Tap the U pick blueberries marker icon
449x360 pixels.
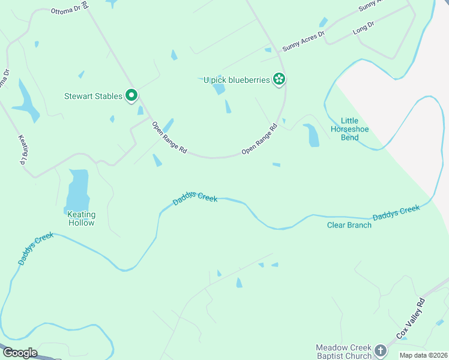point(279,79)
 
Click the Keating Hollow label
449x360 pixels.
point(80,218)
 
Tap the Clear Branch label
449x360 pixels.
point(349,225)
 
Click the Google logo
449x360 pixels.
point(20,353)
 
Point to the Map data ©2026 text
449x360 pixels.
point(423,355)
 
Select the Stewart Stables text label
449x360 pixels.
point(93,96)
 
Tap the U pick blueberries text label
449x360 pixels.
point(237,80)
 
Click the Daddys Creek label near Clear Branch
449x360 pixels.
point(396,212)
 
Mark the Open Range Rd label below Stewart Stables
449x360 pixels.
point(169,139)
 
